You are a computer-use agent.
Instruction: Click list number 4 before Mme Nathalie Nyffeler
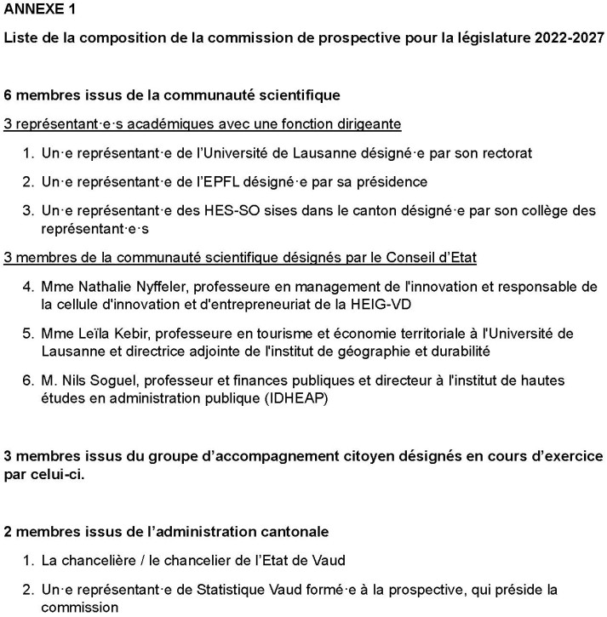point(26,286)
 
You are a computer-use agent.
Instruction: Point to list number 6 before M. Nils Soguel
point(26,379)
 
